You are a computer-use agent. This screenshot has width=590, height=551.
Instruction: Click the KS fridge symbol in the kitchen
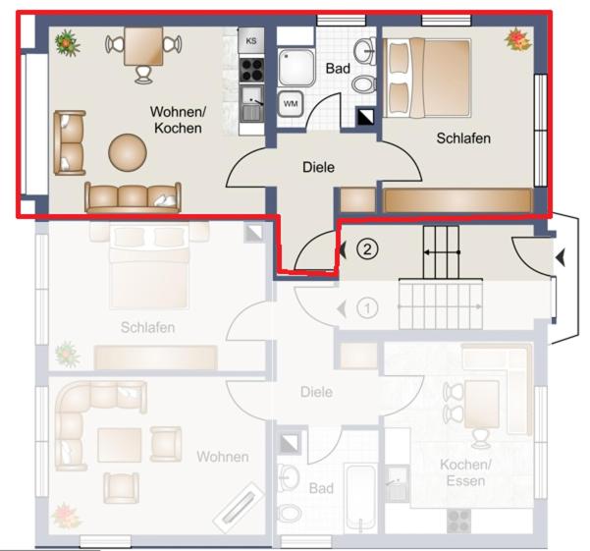point(251,40)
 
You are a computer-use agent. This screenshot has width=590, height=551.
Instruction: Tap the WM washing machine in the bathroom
point(291,103)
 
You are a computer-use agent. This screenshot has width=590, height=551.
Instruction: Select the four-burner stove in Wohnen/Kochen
point(251,70)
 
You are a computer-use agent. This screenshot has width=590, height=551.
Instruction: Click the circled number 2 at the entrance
point(367,248)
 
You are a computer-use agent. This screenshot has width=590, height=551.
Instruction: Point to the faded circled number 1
point(367,308)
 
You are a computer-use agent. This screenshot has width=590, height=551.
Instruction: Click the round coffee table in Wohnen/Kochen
point(128,153)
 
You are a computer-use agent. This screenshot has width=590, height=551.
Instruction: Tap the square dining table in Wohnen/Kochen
point(143,45)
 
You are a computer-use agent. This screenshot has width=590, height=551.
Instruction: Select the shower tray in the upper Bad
point(296,67)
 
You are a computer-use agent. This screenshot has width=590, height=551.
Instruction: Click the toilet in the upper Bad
point(364,83)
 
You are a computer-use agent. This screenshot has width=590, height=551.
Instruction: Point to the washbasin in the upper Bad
point(365,50)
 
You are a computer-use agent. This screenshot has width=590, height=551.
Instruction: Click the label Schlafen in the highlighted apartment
point(463,138)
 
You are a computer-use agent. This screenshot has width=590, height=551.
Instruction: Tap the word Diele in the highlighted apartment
point(318,167)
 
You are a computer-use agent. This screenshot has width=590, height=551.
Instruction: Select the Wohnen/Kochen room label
point(178,120)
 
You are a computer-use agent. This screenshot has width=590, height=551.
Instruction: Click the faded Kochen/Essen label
point(465,472)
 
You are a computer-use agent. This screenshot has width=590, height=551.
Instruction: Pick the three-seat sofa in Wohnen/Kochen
point(133,197)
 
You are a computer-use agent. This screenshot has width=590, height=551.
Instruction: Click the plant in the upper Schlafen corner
point(517,40)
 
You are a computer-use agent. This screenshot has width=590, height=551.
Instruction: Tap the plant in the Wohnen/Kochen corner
point(68,43)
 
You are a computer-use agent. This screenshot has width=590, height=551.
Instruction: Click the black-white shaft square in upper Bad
point(365,116)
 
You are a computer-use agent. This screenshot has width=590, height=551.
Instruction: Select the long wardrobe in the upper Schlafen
point(457,199)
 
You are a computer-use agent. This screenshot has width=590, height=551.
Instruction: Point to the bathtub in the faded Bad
point(360,498)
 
